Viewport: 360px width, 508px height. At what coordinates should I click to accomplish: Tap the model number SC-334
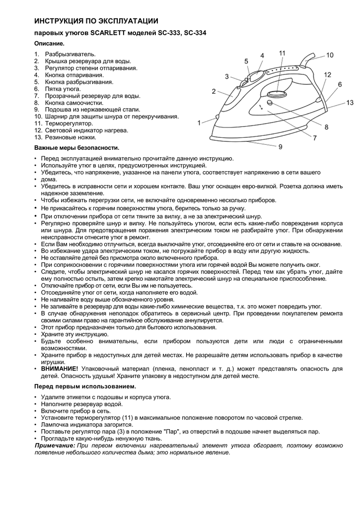click(195, 34)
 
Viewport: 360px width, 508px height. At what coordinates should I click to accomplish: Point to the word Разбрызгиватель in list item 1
click(71, 54)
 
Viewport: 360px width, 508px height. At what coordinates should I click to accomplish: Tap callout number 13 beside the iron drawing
click(350, 103)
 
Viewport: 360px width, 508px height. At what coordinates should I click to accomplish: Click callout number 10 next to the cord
click(330, 56)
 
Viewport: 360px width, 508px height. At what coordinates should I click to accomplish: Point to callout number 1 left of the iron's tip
click(199, 123)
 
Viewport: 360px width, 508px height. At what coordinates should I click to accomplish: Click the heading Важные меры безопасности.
click(76, 148)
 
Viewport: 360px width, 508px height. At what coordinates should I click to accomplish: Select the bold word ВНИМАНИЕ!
click(60, 369)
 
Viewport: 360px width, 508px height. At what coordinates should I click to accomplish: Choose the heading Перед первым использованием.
click(85, 386)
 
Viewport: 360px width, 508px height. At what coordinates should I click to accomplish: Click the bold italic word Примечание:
click(55, 445)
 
